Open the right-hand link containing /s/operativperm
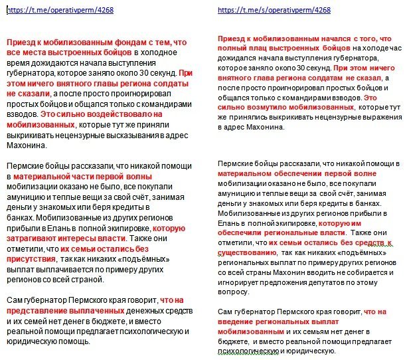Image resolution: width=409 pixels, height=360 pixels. tap(274, 10)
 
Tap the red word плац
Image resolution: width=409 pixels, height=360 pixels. tap(263, 49)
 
